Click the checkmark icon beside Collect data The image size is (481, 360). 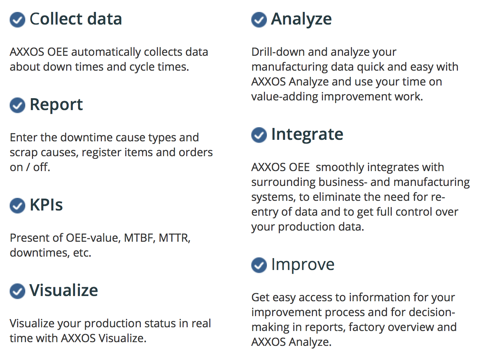[17, 20]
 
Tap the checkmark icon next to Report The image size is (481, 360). [17, 105]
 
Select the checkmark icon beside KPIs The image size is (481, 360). [17, 206]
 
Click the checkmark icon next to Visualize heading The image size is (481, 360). [17, 291]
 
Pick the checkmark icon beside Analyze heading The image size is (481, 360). [259, 20]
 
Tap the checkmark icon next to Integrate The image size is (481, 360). [259, 135]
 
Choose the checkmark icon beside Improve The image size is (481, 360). [259, 265]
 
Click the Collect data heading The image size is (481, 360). [76, 19]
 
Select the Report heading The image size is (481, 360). [57, 105]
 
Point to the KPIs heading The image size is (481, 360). [46, 205]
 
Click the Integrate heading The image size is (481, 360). [307, 134]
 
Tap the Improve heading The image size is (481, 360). [303, 265]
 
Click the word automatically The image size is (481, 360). [106, 52]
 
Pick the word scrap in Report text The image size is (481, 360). [24, 153]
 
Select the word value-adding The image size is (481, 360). [285, 97]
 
